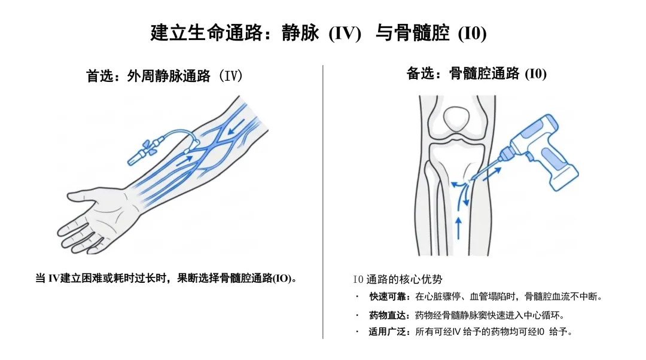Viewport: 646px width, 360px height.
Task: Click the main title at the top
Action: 318,32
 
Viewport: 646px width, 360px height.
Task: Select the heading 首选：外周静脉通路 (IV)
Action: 164,76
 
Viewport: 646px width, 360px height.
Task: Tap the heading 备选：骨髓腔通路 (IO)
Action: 476,74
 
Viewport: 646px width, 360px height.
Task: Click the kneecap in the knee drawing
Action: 456,118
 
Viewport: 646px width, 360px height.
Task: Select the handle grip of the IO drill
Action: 557,166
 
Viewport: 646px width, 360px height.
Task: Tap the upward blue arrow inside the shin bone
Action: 459,228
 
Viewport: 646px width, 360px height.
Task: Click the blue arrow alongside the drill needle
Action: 492,173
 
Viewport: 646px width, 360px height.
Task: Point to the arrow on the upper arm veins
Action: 236,127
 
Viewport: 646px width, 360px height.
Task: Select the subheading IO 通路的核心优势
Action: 398,279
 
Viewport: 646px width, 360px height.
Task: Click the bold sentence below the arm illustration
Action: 166,279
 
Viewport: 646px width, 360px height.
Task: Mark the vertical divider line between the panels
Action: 323,202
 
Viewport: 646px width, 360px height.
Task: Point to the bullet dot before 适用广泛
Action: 357,331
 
